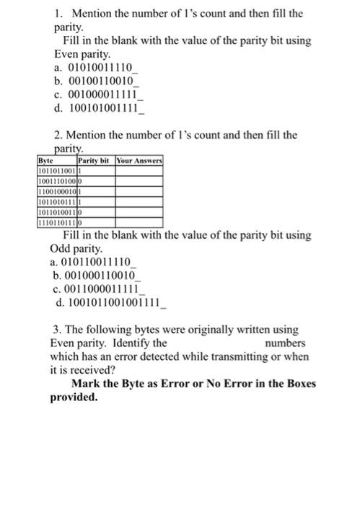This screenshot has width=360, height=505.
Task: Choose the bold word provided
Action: click(74, 397)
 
